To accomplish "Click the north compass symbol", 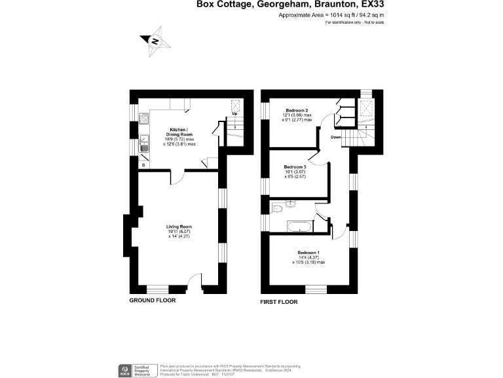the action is [156, 41].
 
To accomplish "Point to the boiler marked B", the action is [143, 165].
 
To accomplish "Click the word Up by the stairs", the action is [234, 115].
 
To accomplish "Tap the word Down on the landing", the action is [335, 137].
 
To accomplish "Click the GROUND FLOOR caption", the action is [152, 300].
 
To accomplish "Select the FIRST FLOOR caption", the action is [279, 302].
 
